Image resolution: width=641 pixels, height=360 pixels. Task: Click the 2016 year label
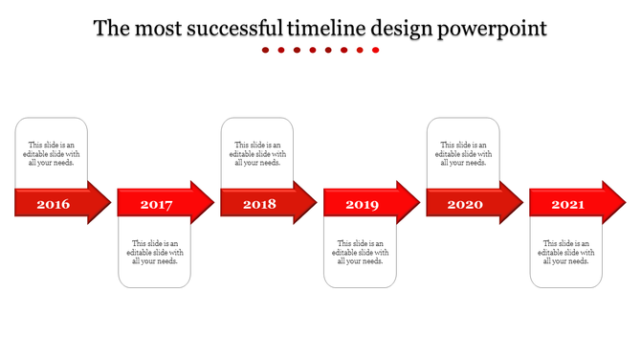pos(53,204)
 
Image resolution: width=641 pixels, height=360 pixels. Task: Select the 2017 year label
pos(156,204)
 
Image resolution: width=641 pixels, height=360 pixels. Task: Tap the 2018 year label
pos(259,204)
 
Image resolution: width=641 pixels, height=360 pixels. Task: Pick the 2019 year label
pos(362,204)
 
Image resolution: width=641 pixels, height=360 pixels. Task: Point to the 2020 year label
pos(465,204)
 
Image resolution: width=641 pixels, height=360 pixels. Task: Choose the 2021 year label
pos(568,204)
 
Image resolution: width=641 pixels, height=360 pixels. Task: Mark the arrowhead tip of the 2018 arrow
pos(314,203)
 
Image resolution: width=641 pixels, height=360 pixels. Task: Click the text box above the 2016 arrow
pos(52,153)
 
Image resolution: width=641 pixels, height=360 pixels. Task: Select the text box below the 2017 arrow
pos(155,252)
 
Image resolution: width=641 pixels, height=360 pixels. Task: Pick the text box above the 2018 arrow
pos(257,153)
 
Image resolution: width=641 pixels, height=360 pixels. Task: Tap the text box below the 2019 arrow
pos(360,252)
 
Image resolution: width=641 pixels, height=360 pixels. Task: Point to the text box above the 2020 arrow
pos(463,153)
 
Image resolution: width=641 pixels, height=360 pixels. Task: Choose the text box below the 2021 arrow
pos(566,252)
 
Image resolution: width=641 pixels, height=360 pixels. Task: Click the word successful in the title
pos(223,29)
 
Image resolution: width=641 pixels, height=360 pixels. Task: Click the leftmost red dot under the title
pos(266,50)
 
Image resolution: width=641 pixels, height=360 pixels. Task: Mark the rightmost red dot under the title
pos(375,50)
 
